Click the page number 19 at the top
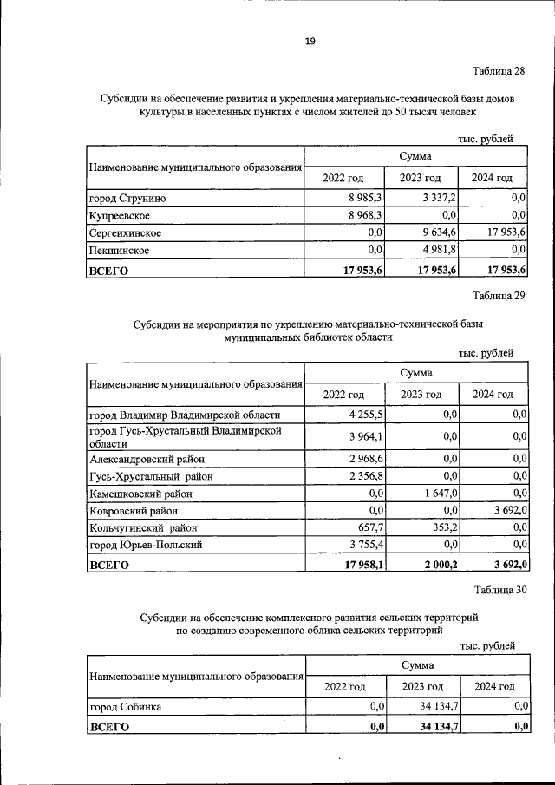click(310, 41)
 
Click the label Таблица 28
click(499, 70)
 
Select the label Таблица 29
click(499, 296)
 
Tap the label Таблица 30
click(500, 590)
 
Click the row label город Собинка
click(127, 707)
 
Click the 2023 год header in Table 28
click(421, 178)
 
